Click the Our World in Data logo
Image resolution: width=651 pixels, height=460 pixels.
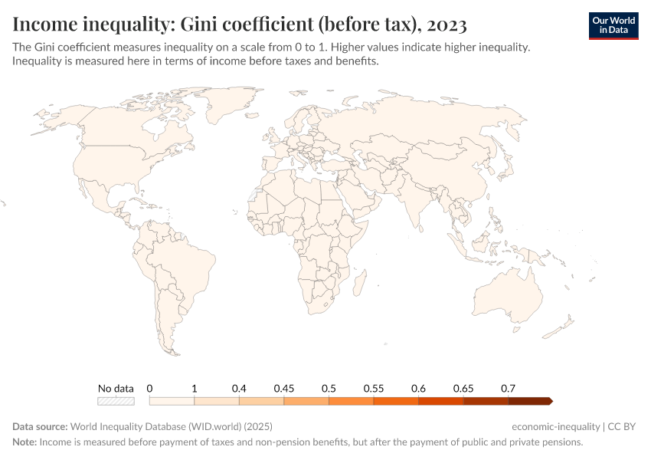click(x=613, y=25)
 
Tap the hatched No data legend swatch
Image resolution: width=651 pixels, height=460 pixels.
click(x=116, y=400)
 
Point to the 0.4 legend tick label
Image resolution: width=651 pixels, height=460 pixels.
click(x=239, y=388)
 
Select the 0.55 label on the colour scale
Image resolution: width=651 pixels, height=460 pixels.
click(x=373, y=388)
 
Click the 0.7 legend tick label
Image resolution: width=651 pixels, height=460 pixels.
click(x=507, y=388)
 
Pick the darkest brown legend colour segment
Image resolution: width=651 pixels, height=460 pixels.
click(x=529, y=400)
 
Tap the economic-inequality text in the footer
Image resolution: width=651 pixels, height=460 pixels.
click(x=555, y=426)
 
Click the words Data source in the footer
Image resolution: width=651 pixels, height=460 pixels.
click(x=40, y=426)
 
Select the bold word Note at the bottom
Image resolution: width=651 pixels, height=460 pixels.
click(x=25, y=442)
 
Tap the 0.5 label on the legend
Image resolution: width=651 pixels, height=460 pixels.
click(x=329, y=388)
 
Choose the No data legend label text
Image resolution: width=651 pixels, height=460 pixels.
click(x=116, y=388)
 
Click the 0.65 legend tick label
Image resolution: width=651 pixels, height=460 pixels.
click(x=463, y=388)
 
